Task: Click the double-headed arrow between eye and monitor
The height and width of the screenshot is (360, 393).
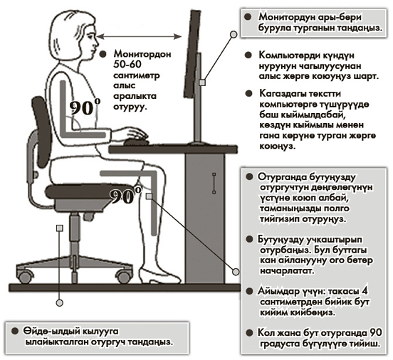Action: pyautogui.click(x=140, y=36)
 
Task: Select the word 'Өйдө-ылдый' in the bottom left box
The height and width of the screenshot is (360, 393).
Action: pyautogui.click(x=48, y=332)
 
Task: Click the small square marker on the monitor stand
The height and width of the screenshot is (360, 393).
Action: pyautogui.click(x=202, y=83)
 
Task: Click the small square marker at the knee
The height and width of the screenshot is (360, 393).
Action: pyautogui.click(x=149, y=196)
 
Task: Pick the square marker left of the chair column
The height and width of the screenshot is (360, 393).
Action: pyautogui.click(x=60, y=228)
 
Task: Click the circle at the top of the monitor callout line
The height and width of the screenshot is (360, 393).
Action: pyautogui.click(x=234, y=34)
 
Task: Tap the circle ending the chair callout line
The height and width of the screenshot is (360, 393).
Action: pyautogui.click(x=59, y=302)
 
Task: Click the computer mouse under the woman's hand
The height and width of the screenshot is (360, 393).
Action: pyautogui.click(x=137, y=142)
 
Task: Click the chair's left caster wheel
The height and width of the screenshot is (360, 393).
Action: pyautogui.click(x=24, y=277)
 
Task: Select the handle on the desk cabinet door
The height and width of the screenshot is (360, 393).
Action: pyautogui.click(x=214, y=183)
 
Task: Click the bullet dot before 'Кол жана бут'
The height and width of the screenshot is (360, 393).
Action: pyautogui.click(x=249, y=333)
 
